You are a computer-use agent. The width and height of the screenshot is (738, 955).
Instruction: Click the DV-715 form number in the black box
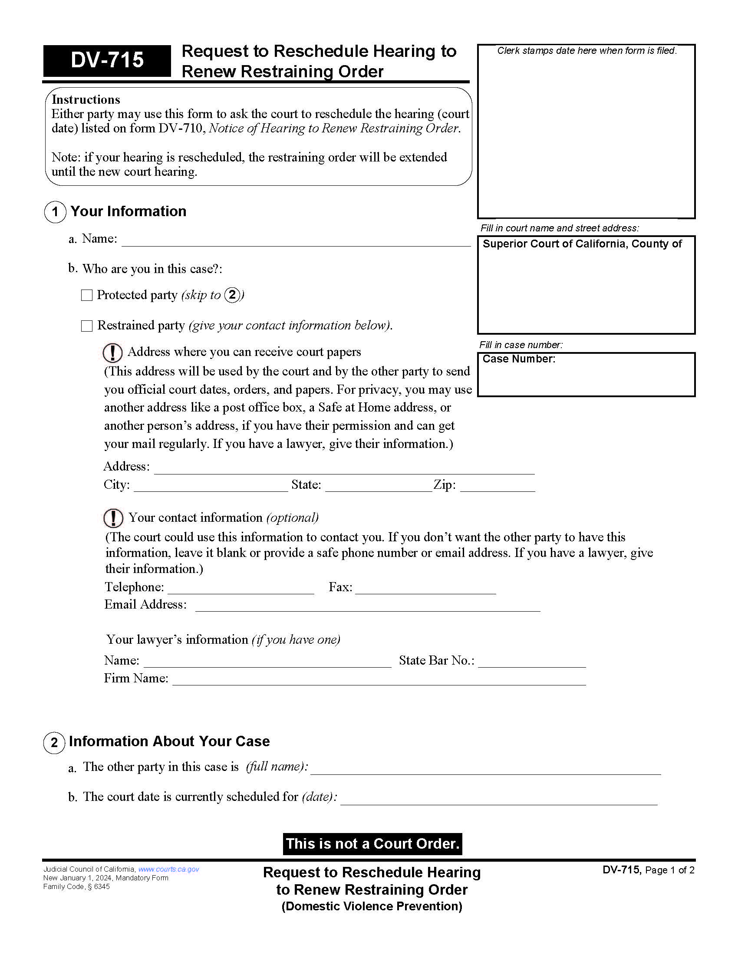(107, 60)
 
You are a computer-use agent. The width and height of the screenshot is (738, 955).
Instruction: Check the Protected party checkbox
(87, 295)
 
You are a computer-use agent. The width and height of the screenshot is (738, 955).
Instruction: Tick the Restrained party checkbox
(87, 326)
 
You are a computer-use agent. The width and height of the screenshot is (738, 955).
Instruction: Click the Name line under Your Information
(296, 240)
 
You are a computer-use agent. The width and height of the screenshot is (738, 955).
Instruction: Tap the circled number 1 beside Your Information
(55, 212)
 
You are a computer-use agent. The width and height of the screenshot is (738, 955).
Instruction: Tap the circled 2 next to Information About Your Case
(54, 743)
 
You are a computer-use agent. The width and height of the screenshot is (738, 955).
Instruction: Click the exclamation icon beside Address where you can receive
(112, 352)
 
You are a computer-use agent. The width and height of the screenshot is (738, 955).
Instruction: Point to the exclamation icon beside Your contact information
(113, 518)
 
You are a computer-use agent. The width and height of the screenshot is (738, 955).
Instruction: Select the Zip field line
(497, 486)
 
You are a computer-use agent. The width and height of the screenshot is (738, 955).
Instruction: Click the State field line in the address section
(379, 486)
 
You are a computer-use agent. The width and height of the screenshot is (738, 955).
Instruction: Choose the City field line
(211, 486)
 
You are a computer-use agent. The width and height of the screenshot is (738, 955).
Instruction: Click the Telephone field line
(241, 588)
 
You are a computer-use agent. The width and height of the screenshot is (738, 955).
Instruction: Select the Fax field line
(425, 588)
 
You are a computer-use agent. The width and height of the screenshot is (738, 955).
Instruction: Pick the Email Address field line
(368, 606)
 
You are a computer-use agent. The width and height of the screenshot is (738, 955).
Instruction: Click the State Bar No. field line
(532, 662)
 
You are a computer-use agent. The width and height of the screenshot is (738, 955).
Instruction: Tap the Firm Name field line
(379, 679)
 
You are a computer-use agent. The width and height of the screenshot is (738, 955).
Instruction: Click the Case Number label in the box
(519, 359)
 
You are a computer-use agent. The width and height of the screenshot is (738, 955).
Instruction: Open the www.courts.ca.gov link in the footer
(169, 869)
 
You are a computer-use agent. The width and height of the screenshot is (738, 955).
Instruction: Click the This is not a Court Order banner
(372, 843)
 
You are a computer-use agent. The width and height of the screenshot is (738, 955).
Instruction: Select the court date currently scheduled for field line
(499, 798)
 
